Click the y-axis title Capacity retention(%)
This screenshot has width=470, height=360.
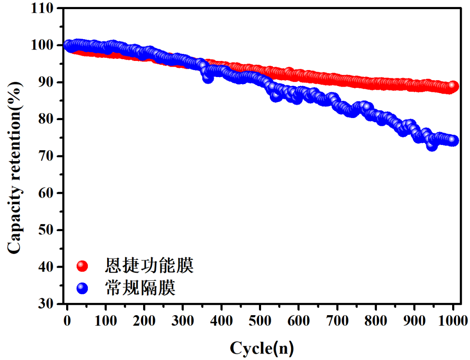click(14, 156)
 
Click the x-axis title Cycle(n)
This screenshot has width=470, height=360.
click(262, 348)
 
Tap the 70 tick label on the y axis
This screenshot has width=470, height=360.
click(47, 156)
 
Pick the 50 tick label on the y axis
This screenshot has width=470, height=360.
click(47, 230)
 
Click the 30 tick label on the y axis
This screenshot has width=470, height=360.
click(47, 303)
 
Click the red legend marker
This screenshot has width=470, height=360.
click(82, 266)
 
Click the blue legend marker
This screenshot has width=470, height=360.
click(82, 288)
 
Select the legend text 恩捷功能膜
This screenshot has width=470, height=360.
click(149, 265)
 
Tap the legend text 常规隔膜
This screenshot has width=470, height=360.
click(140, 288)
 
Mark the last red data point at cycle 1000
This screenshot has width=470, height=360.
click(453, 86)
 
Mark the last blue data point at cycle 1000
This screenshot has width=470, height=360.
click(453, 141)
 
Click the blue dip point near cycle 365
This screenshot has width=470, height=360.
click(208, 78)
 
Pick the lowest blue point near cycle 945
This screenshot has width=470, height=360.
click(432, 146)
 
